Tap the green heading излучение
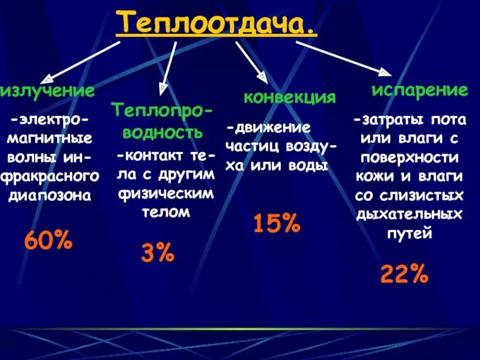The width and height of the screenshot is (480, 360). point(47,91)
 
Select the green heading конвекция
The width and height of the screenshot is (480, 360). point(289,98)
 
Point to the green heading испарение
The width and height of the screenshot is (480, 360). point(419,91)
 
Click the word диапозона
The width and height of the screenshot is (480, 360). point(50,195)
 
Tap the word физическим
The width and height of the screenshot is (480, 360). point(165,194)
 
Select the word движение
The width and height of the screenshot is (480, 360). point(271,128)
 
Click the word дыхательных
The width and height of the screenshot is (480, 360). point(410,214)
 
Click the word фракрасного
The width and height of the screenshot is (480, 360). point(50,177)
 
